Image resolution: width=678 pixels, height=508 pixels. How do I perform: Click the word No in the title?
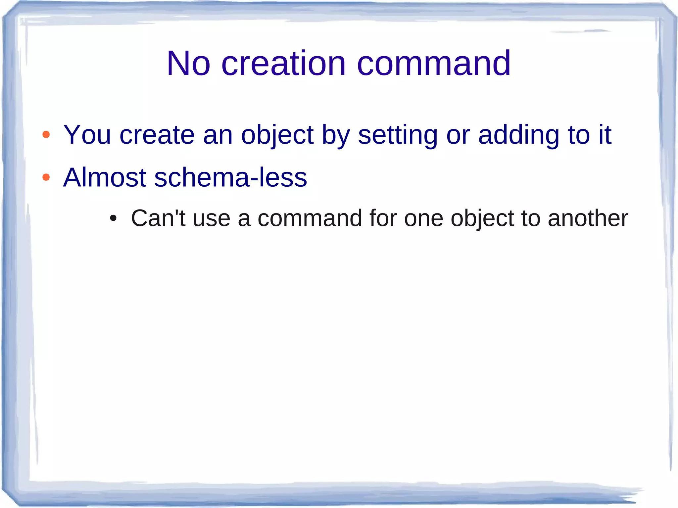pyautogui.click(x=188, y=63)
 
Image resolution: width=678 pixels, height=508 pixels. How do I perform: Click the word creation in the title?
pyautogui.click(x=283, y=63)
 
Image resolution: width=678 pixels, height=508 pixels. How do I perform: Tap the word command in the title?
pyautogui.click(x=434, y=63)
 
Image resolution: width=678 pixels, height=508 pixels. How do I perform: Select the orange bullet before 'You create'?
pyautogui.click(x=46, y=135)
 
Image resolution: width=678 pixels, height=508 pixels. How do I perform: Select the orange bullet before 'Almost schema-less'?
pyautogui.click(x=46, y=177)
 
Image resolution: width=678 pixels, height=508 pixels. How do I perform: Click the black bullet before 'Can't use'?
pyautogui.click(x=113, y=218)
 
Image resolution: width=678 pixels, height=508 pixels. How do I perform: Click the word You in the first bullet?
pyautogui.click(x=87, y=135)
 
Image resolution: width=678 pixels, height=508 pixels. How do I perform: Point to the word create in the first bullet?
pyautogui.click(x=157, y=135)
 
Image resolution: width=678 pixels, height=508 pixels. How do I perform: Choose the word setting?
pyautogui.click(x=398, y=135)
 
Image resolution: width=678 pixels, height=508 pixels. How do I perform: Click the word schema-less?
pyautogui.click(x=230, y=177)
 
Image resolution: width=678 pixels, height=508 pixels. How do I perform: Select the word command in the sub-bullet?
pyautogui.click(x=310, y=218)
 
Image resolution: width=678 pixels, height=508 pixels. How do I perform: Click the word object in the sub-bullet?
pyautogui.click(x=482, y=218)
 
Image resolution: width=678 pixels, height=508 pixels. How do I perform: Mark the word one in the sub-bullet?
pyautogui.click(x=423, y=218)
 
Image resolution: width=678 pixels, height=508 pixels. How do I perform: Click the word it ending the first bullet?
pyautogui.click(x=605, y=135)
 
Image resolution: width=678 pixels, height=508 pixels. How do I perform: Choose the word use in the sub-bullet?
pyautogui.click(x=211, y=218)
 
